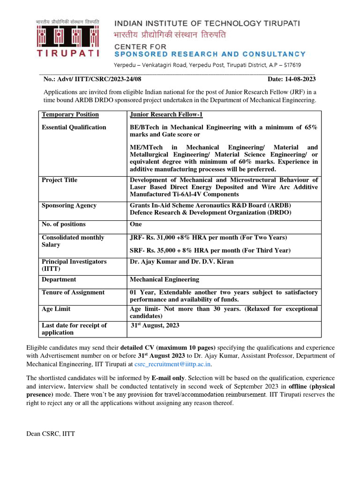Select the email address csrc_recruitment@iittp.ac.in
pyautogui.click(x=173, y=364)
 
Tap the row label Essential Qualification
pyautogui.click(x=74, y=127)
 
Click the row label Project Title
pyautogui.click(x=60, y=180)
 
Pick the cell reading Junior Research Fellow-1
pyautogui.click(x=166, y=115)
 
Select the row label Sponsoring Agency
pyautogui.click(x=69, y=205)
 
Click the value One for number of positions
pyautogui.click(x=136, y=225)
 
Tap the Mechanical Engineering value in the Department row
pyautogui.click(x=164, y=279)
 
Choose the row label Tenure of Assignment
pyautogui.click(x=73, y=292)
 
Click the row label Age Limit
pyautogui.click(x=56, y=309)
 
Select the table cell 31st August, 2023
pyautogui.click(x=155, y=325)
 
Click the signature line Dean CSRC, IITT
pyautogui.click(x=51, y=434)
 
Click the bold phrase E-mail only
pyautogui.click(x=168, y=378)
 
